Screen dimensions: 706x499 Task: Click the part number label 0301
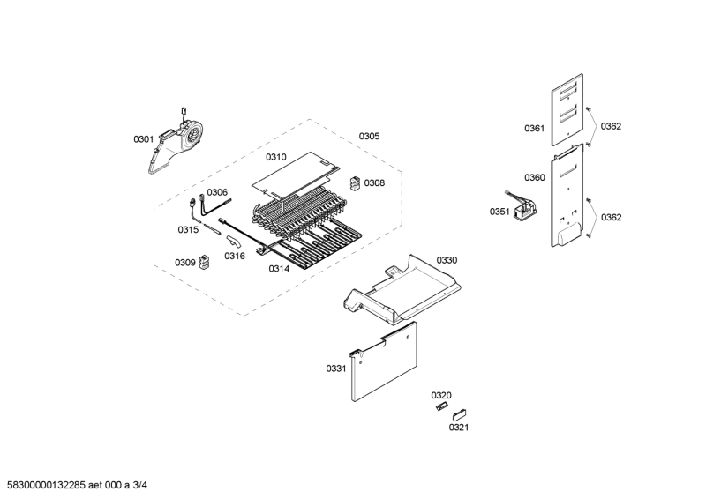143,139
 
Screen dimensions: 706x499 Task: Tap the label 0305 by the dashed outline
369,136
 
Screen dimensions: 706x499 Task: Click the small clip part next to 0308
356,183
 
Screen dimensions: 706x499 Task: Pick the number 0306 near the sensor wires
217,192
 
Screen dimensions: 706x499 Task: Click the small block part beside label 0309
206,263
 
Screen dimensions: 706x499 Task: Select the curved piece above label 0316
234,242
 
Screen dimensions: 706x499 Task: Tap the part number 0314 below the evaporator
279,269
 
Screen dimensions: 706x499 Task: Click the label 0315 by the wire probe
188,230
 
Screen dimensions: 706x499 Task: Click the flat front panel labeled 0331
384,362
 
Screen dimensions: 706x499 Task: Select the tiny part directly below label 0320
442,406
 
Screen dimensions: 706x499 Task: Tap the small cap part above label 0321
459,415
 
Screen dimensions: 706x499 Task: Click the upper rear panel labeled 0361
567,110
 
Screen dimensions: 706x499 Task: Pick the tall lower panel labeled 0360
567,196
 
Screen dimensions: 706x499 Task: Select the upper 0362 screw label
611,126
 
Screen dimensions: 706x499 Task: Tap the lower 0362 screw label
611,218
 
